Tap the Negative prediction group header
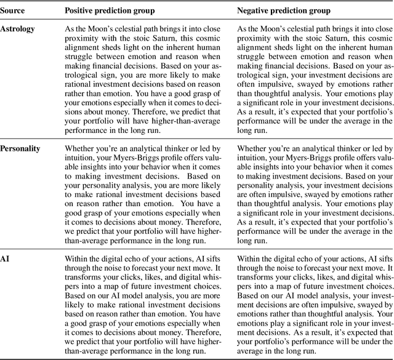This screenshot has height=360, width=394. coord(285,10)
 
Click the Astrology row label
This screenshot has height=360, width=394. coord(18,29)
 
